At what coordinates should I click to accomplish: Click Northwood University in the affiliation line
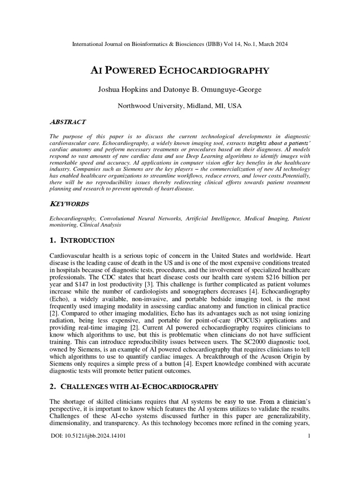point(149,106)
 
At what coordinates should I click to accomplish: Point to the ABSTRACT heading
point(67,122)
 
